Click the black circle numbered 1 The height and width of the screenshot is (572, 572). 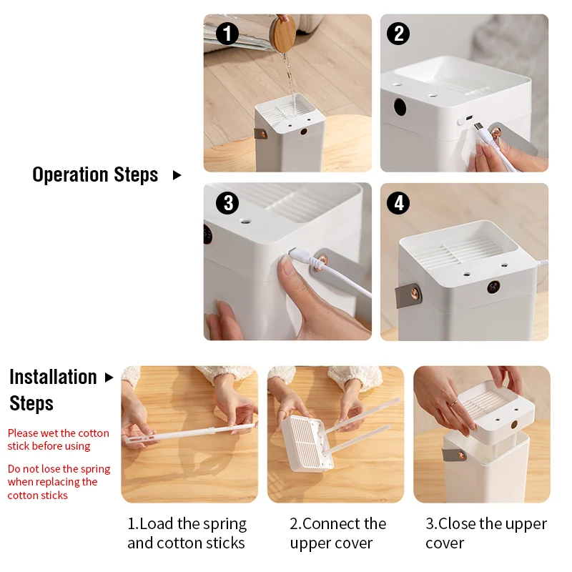pyautogui.click(x=227, y=34)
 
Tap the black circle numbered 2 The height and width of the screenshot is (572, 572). pyautogui.click(x=398, y=34)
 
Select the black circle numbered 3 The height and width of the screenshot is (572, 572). pyautogui.click(x=227, y=203)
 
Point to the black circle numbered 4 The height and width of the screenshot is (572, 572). pyautogui.click(x=398, y=203)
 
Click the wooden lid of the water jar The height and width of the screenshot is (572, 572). pyautogui.click(x=284, y=33)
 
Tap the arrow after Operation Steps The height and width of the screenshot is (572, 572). pyautogui.click(x=177, y=175)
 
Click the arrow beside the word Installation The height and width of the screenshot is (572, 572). pyautogui.click(x=109, y=378)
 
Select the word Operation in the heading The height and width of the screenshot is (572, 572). pyautogui.click(x=69, y=174)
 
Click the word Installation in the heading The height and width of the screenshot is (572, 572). pyautogui.click(x=53, y=377)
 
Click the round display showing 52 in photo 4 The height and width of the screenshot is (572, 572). pyautogui.click(x=493, y=287)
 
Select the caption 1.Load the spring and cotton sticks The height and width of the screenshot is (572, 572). pyautogui.click(x=187, y=533)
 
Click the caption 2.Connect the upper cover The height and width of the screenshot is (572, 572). pyautogui.click(x=337, y=533)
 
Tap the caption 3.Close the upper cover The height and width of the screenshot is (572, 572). pyautogui.click(x=486, y=533)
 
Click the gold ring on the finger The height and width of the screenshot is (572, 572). pyautogui.click(x=453, y=403)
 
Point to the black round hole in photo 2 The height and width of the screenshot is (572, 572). pyautogui.click(x=400, y=107)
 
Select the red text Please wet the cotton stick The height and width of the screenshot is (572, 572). pyautogui.click(x=59, y=440)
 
